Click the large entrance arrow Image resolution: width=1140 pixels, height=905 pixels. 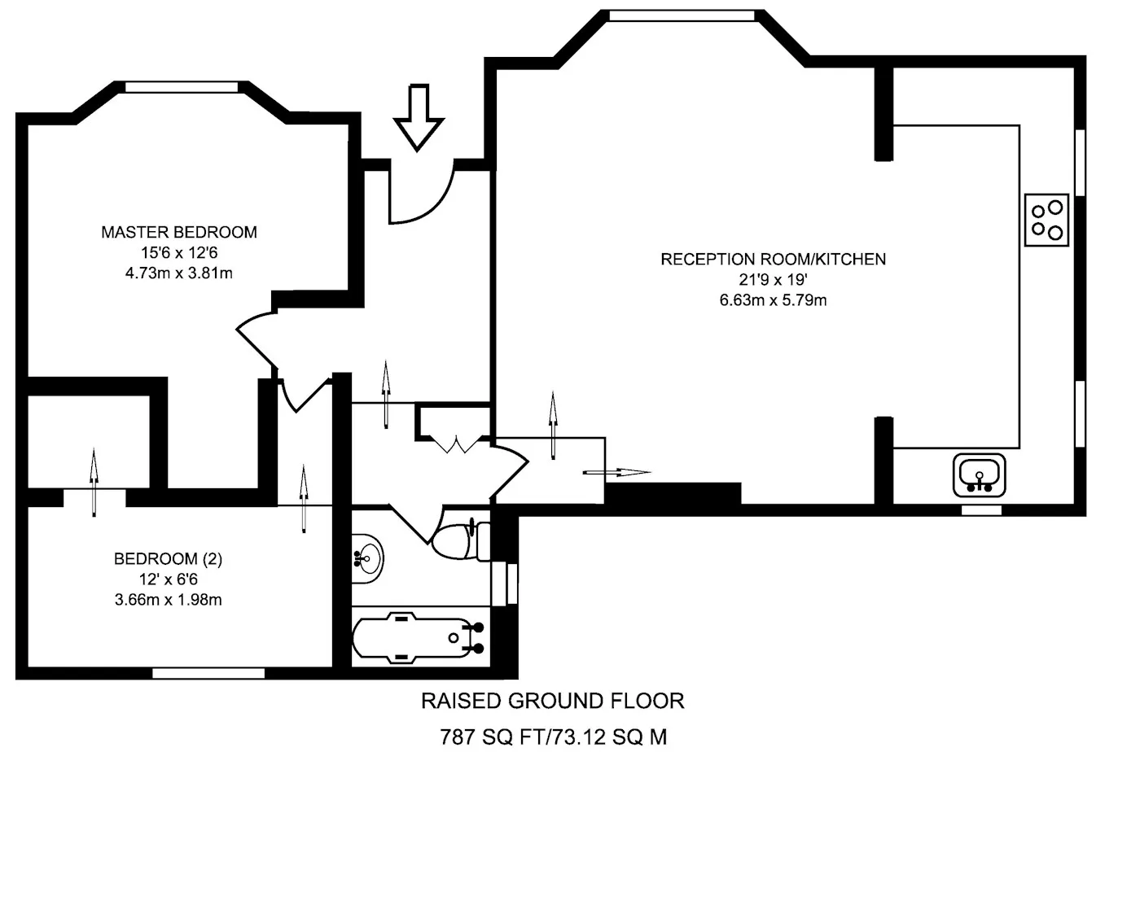(419, 117)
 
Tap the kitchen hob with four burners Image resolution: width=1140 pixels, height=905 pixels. (1046, 220)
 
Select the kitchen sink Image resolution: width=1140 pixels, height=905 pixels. (979, 475)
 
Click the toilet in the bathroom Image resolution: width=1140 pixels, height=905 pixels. (462, 540)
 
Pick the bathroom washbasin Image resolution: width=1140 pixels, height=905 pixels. (367, 558)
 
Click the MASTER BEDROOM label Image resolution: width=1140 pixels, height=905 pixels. (179, 232)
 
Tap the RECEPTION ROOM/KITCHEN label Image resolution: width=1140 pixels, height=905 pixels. (773, 259)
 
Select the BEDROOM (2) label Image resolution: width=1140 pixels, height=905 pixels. (168, 558)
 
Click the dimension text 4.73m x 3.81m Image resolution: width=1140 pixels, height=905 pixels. (179, 273)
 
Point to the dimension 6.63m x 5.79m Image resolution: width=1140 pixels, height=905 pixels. (773, 300)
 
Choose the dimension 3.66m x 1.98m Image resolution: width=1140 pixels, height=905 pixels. (168, 600)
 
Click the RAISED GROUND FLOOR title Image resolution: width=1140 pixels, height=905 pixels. (553, 701)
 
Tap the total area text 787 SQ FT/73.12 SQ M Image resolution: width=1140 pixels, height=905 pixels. (553, 737)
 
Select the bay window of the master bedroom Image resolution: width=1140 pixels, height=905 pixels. (181, 87)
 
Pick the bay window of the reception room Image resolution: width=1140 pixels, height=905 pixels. (682, 15)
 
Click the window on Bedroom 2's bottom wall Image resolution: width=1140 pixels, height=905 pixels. (208, 673)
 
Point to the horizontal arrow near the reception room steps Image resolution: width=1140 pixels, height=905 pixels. (616, 472)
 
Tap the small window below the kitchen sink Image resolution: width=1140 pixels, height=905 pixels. (981, 510)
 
